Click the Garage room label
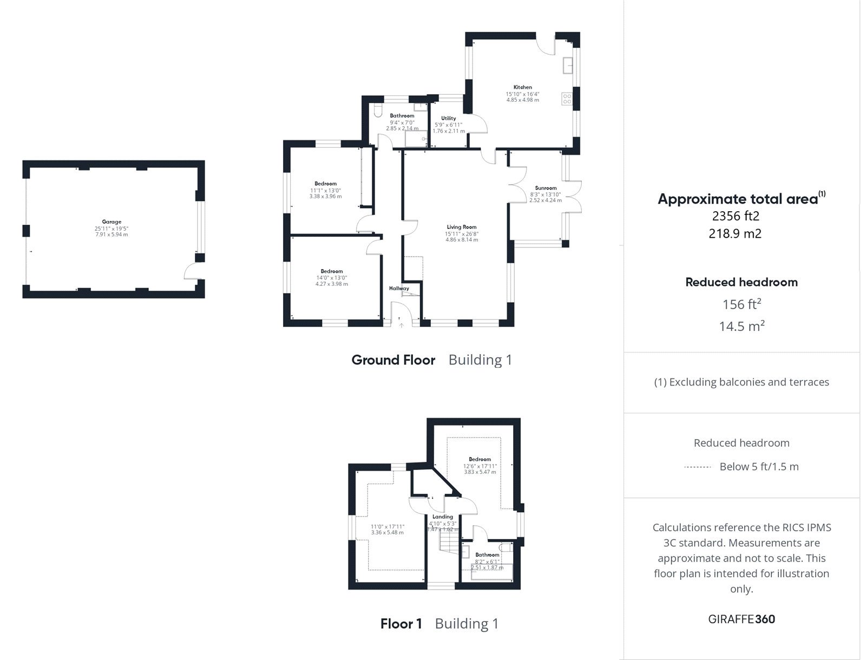111,221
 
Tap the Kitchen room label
522,87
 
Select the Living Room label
462,227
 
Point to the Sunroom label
546,188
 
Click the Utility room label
449,119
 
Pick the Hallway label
399,289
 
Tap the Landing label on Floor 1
443,517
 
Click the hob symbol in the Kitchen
567,99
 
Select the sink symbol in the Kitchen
568,66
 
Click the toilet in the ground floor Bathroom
378,111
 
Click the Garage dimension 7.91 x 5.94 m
111,234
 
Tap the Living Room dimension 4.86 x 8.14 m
462,239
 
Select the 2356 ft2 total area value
736,216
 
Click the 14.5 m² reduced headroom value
742,326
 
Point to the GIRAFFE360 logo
742,619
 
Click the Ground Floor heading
393,360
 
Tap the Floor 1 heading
401,624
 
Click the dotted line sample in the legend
698,467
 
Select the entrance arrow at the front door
401,325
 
